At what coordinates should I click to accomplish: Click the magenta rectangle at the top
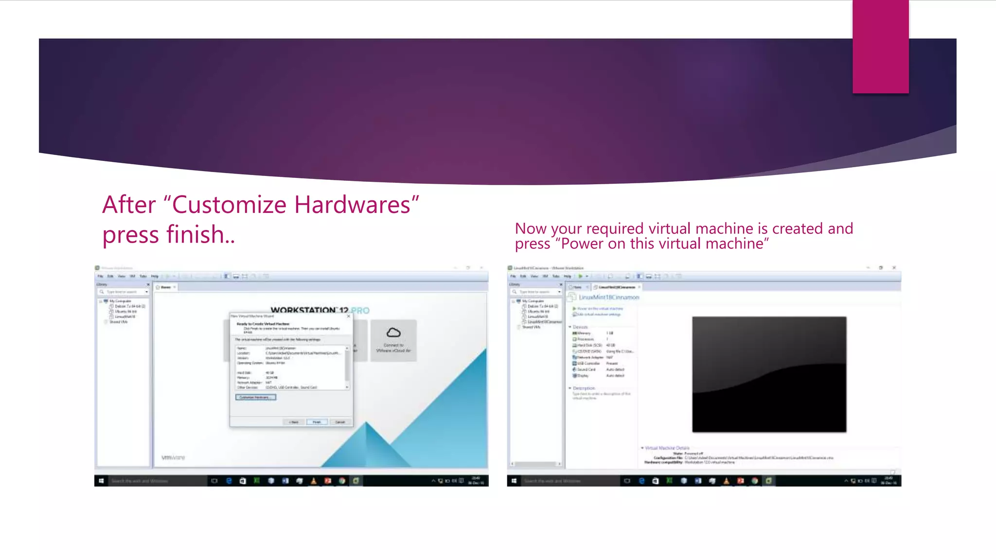[880, 46]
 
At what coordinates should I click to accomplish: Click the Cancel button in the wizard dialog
[340, 422]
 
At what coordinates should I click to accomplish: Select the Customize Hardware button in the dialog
[256, 397]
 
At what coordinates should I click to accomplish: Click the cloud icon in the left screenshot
[393, 332]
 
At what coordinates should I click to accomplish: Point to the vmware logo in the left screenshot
[173, 457]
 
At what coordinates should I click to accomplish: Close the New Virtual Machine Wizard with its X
[348, 316]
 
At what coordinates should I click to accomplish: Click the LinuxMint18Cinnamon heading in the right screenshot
[609, 297]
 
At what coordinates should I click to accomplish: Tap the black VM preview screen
[769, 374]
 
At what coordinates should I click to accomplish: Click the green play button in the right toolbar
[580, 276]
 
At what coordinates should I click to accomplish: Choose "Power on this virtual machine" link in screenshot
[600, 309]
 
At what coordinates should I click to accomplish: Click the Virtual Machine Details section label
[667, 448]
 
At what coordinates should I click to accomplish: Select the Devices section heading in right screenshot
[580, 327]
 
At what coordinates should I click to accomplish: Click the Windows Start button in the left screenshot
[101, 481]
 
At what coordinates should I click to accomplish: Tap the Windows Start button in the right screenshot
[514, 481]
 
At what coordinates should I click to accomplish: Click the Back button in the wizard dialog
[294, 422]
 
